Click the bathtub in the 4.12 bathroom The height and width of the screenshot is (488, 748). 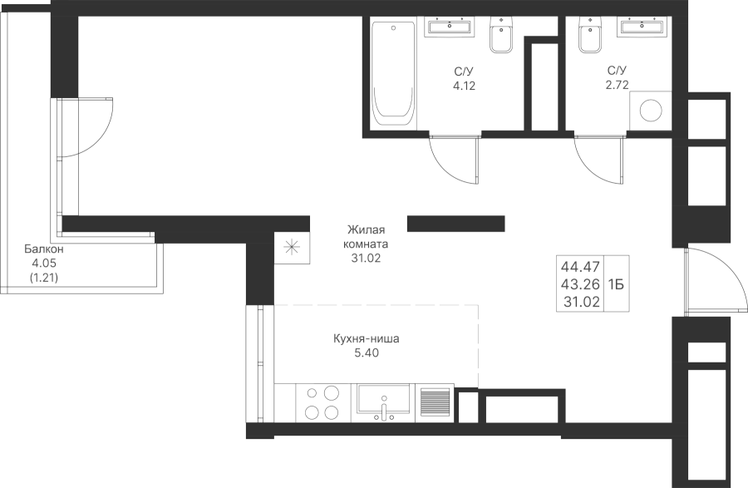394,73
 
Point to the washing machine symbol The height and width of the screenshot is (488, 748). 651,111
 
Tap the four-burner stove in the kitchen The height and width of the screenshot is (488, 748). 323,403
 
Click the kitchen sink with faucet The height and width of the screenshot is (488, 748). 383,403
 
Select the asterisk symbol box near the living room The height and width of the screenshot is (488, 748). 292,247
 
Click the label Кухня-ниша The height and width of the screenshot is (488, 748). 366,339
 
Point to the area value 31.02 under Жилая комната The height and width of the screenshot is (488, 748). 366,259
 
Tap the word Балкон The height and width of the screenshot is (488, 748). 44,249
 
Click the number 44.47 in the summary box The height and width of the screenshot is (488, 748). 580,266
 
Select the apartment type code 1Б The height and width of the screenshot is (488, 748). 616,284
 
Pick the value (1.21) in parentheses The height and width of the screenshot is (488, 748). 44,277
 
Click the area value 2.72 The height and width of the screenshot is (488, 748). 617,85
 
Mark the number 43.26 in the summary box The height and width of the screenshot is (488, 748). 580,284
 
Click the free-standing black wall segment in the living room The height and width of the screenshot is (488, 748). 456,224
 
